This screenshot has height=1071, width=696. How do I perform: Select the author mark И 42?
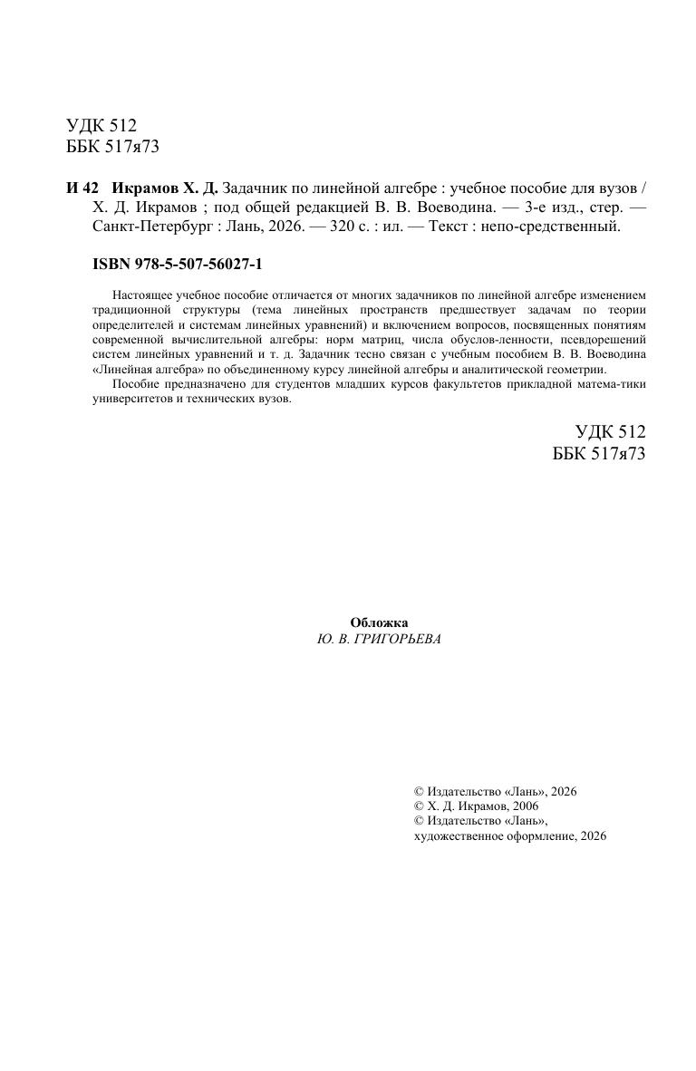pyautogui.click(x=81, y=188)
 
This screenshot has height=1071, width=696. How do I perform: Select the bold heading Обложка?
pyautogui.click(x=379, y=622)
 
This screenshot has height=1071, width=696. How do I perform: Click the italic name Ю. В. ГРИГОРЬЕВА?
pyautogui.click(x=379, y=639)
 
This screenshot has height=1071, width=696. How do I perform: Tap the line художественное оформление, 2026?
pyautogui.click(x=509, y=836)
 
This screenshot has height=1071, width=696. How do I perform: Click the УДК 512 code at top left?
pyautogui.click(x=101, y=126)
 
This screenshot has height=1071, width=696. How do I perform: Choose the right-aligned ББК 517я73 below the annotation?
pyautogui.click(x=598, y=454)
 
